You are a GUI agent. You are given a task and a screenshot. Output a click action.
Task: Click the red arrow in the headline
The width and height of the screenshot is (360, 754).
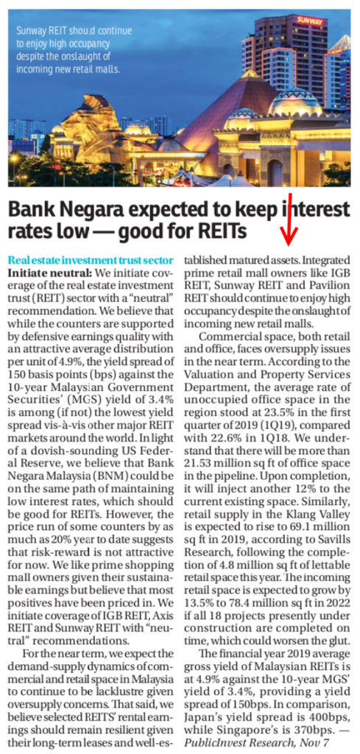[291, 218]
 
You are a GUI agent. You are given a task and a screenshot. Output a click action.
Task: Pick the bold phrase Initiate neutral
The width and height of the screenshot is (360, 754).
[40, 272]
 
